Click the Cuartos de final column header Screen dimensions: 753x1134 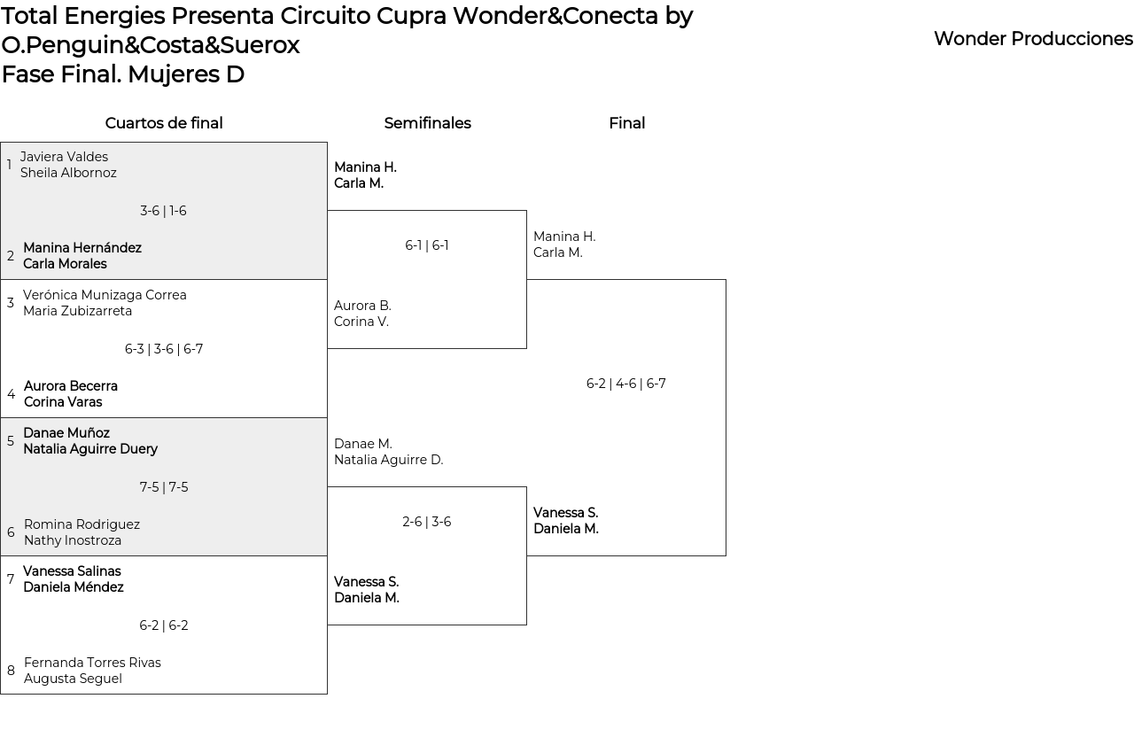click(164, 123)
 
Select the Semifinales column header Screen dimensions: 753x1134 click(427, 123)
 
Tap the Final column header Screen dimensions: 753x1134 click(626, 123)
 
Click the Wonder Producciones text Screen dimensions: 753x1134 click(1033, 39)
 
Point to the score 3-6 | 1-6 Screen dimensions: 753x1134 click(163, 211)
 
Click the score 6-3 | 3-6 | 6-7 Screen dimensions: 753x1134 click(164, 349)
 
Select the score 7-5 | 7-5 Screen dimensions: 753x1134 click(164, 487)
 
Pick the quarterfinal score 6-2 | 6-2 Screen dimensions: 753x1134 click(164, 625)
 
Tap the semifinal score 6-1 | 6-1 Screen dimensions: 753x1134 click(427, 245)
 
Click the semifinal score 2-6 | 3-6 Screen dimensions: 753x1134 click(427, 522)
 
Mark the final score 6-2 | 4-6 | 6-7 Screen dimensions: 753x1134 click(626, 384)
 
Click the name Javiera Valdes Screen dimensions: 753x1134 click(64, 157)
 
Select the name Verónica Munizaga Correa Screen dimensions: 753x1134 click(105, 295)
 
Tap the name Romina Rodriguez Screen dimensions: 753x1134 click(82, 524)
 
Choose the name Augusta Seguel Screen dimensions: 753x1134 click(73, 679)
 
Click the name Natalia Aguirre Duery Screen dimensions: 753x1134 click(90, 449)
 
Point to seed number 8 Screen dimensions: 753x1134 click(11, 671)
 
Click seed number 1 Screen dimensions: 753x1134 click(9, 165)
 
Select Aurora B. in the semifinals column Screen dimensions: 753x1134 click(362, 306)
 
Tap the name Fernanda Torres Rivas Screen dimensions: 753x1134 click(92, 663)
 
